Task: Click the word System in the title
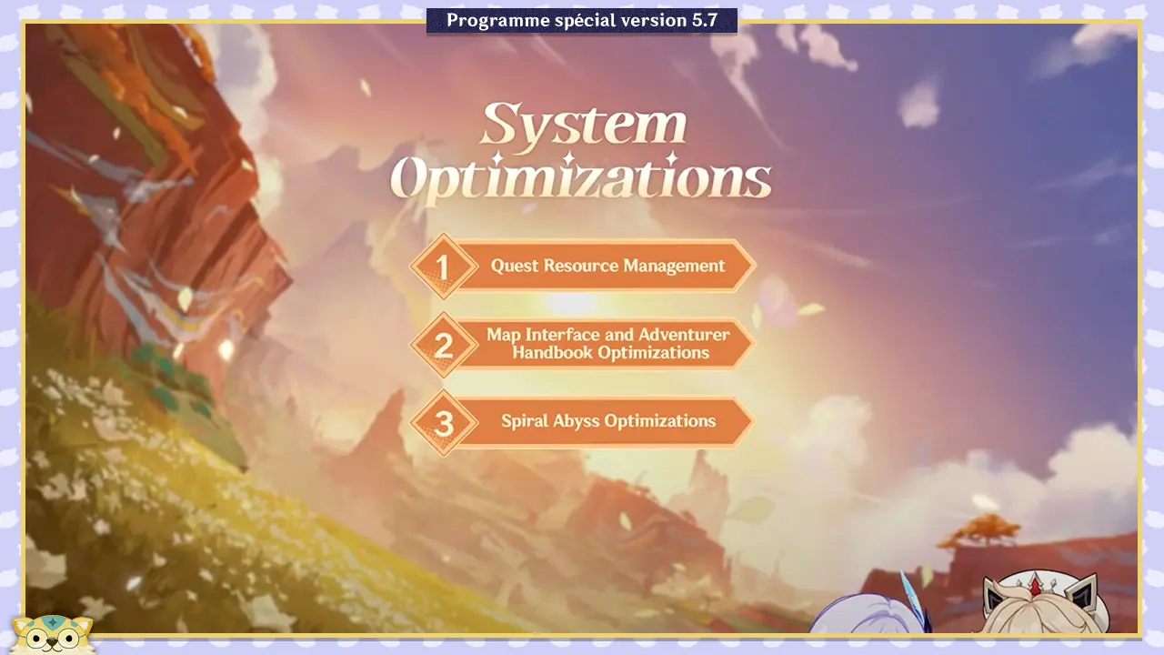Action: click(x=584, y=124)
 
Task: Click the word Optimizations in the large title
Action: click(x=580, y=177)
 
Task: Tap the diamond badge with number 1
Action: click(x=443, y=267)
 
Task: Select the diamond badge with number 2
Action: click(x=443, y=345)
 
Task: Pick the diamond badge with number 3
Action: click(x=443, y=423)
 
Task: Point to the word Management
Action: click(x=674, y=267)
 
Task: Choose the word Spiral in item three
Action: click(x=524, y=421)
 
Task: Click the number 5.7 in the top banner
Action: click(x=705, y=20)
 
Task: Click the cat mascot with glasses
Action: click(x=52, y=634)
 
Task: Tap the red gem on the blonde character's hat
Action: click(x=1035, y=588)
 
